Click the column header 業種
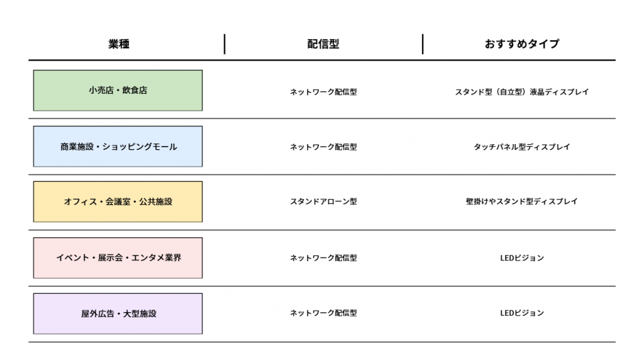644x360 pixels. coord(119,44)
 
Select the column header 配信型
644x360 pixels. coord(323,44)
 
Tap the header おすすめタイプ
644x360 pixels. coord(521,44)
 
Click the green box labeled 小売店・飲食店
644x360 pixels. coord(118,91)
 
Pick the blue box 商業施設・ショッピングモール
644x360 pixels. coord(118,146)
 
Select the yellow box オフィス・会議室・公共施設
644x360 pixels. coord(118,202)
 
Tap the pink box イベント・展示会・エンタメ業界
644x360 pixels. coord(118,257)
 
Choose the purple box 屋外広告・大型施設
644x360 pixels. coord(118,313)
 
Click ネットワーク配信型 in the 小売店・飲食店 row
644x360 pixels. coord(323,92)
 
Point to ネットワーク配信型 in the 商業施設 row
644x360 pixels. coord(323,147)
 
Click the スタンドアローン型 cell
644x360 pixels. coord(323,202)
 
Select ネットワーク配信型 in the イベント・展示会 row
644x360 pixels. coord(323,258)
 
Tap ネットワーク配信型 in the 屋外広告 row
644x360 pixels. coord(323,313)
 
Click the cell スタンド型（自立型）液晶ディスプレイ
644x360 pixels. coord(521,92)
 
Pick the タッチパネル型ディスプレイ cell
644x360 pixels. coord(521,147)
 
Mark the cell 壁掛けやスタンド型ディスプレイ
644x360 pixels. coord(521,202)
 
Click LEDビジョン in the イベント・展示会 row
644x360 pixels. coord(521,258)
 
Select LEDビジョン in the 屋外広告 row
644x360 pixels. coord(521,313)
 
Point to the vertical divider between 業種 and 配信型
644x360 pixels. coord(225,44)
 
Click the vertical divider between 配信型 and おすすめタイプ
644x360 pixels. coord(423,44)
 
